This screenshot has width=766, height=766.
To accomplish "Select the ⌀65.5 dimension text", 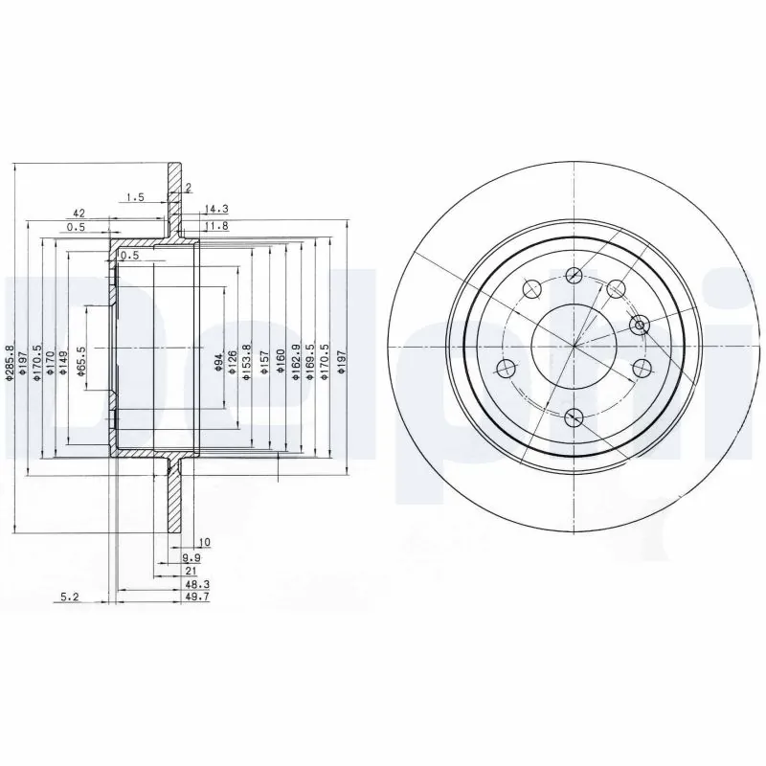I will pos(82,362).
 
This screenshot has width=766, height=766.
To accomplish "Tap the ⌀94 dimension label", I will pos(218,361).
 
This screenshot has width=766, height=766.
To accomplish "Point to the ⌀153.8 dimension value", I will pos(246,363).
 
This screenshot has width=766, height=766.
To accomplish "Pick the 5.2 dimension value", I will pos(69,597).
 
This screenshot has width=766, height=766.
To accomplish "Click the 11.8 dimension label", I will pos(217,226).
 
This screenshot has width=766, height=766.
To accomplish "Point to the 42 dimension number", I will pos(79,213).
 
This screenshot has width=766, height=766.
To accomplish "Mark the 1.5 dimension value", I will pos(134,197).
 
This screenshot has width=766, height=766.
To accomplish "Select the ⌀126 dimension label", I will pos(232,362).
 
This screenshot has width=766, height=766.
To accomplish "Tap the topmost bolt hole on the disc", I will pos(574,276).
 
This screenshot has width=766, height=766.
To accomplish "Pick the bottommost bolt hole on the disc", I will pos(574,417).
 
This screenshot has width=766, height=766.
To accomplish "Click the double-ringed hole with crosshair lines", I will pos(642,325).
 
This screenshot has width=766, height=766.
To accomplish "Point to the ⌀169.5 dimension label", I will pos(309,363).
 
